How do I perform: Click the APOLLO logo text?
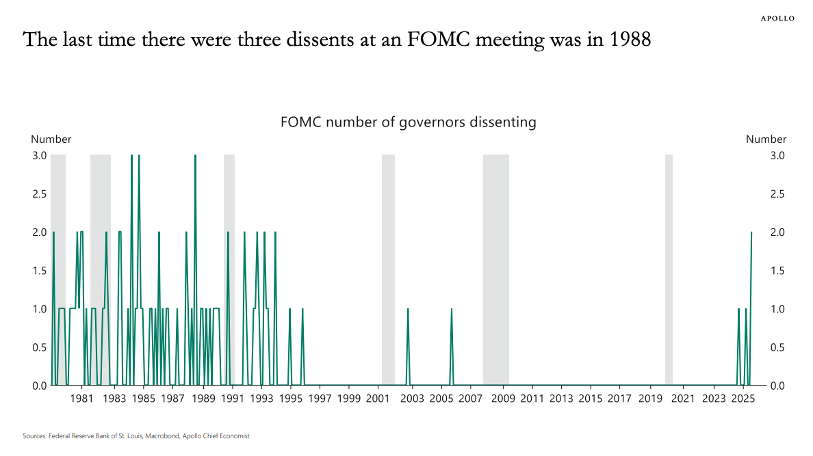(778, 18)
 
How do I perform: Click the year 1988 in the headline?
(630, 40)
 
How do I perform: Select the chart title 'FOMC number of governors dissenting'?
(408, 123)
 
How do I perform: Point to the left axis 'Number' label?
(51, 139)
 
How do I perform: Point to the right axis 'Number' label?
(766, 139)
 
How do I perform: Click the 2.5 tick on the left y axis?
(39, 194)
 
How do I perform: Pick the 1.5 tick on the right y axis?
(777, 271)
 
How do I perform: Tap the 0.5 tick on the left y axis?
(39, 347)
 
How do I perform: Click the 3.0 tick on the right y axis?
(777, 156)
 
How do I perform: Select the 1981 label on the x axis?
(81, 399)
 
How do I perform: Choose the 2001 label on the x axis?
(377, 399)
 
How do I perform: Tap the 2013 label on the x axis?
(561, 399)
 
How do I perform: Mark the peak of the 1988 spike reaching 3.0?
(195, 157)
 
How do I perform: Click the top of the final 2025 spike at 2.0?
(751, 233)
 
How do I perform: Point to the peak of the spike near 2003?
(408, 310)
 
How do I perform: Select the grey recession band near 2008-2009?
(495, 270)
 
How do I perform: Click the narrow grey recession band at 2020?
(669, 270)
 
